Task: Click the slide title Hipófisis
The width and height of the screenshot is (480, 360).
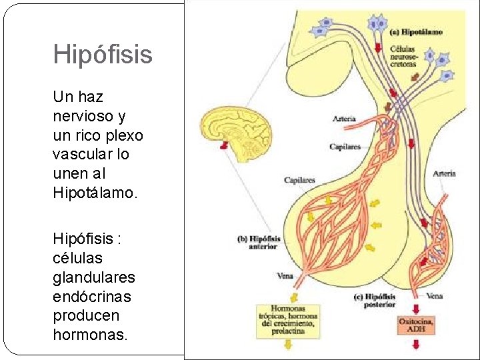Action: tap(103, 55)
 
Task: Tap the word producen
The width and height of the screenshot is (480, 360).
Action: tap(86, 315)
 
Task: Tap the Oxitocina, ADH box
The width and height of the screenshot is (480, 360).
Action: tap(417, 325)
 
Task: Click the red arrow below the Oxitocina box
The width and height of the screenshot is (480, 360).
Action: tap(417, 345)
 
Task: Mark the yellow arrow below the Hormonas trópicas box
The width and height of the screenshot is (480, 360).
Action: tap(288, 345)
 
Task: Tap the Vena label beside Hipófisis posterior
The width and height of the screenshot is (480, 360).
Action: tap(434, 296)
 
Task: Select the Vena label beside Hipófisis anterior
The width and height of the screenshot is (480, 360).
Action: tap(284, 275)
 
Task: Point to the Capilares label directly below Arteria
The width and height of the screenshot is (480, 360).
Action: tap(344, 147)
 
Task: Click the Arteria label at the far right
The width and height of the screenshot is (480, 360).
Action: tap(444, 173)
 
